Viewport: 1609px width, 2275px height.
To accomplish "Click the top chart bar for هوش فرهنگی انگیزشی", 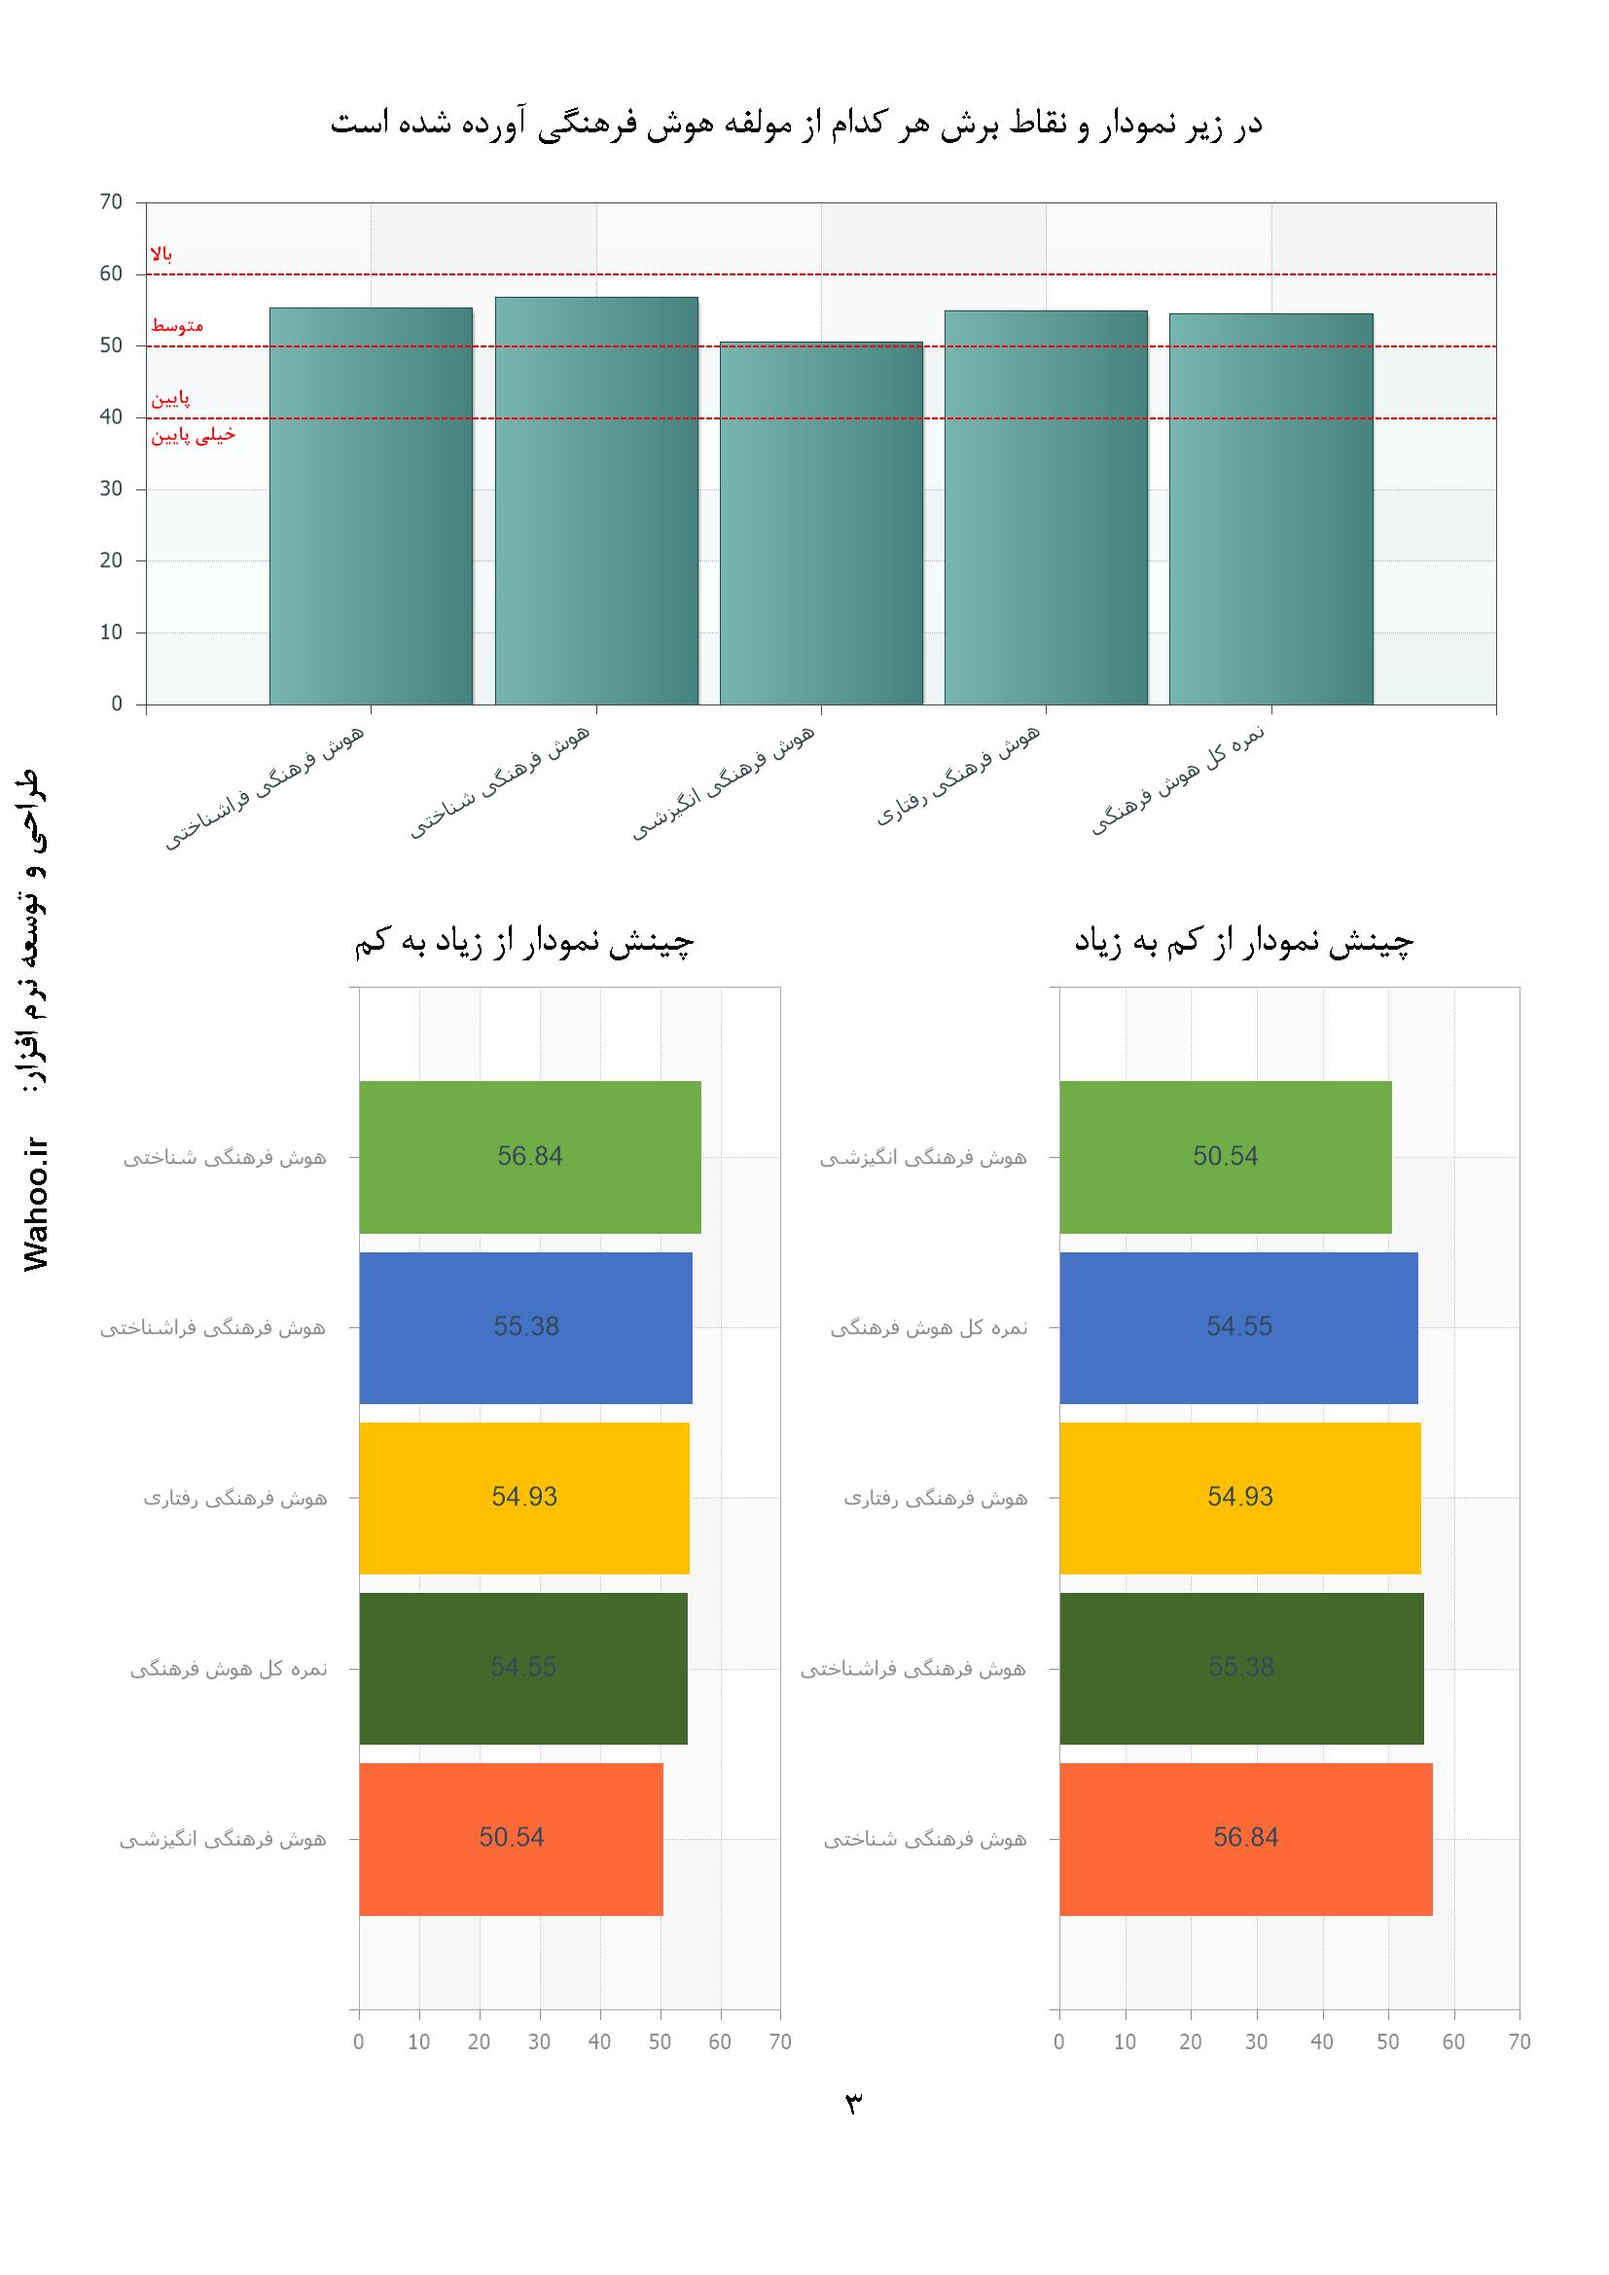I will coord(820,524).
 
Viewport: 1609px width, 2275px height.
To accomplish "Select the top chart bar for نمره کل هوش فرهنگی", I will coord(1270,509).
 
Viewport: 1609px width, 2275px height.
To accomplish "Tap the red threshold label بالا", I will coord(161,255).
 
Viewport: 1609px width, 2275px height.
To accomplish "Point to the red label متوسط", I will coord(177,326).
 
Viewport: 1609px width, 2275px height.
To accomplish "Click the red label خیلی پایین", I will coord(194,435).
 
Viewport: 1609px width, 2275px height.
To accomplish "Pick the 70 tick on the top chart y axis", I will coord(111,202).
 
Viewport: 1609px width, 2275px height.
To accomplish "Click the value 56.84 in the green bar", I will coord(530,1156).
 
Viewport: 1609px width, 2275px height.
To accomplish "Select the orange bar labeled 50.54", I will coord(511,1838).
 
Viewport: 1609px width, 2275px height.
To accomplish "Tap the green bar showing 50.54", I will coord(1225,1156).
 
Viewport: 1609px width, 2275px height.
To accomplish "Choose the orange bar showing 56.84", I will coord(1245,1838).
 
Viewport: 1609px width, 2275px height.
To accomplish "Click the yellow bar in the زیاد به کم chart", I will coord(524,1498).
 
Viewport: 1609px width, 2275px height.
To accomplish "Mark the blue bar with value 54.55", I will coord(1238,1326).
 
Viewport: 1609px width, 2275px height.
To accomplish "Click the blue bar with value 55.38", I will coord(525,1326).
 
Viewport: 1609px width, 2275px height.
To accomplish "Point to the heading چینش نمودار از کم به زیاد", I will coord(1244,941).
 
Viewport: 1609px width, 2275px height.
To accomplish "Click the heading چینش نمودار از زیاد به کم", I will coord(524,941).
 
